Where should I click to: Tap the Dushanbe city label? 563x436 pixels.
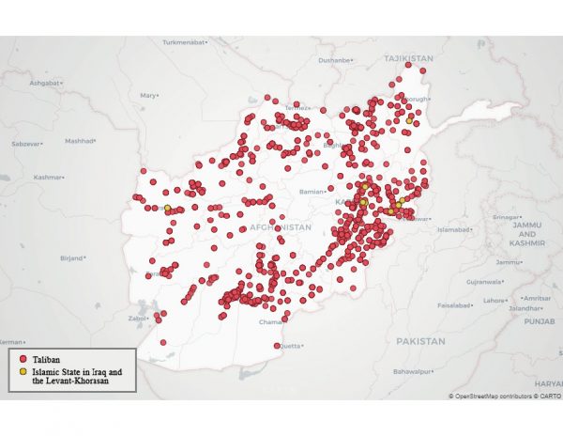[x=336, y=60]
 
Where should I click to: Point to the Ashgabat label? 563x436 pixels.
[x=44, y=83]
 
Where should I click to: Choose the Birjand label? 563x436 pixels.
[x=70, y=256]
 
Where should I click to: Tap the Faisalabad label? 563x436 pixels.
[x=458, y=304]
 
